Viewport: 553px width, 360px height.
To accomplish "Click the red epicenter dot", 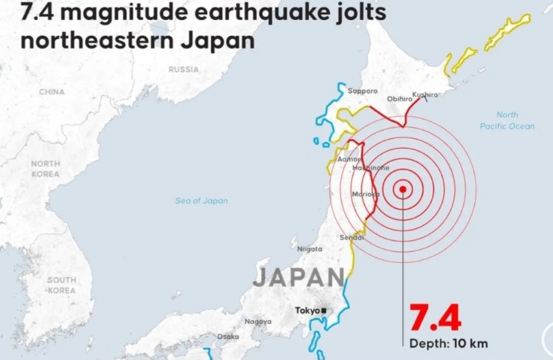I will tap(403, 190).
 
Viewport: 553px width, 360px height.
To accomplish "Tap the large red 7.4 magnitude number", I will tap(435, 318).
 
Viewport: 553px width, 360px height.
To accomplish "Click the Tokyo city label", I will tap(307, 311).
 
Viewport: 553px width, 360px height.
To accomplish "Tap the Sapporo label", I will tap(363, 91).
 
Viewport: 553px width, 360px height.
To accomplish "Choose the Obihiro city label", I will tap(399, 99).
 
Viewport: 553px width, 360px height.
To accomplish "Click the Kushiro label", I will tap(425, 94).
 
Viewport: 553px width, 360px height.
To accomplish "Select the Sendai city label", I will tap(352, 237).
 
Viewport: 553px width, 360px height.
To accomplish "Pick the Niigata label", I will tap(310, 249).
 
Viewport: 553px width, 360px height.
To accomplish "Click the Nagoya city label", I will tap(257, 321).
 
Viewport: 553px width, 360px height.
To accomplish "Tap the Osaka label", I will tap(227, 337).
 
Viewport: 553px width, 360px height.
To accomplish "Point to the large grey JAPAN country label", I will tap(299, 278).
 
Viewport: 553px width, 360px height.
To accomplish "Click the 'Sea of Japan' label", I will tap(201, 201).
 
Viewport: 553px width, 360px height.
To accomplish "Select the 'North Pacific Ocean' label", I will tap(507, 120).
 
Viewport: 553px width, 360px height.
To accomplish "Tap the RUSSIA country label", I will tap(183, 69).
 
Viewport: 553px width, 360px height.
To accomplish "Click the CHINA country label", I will tap(51, 91).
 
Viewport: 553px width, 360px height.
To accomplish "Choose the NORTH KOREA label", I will tap(45, 169).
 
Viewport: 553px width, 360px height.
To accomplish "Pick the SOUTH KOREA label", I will tap(61, 285).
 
